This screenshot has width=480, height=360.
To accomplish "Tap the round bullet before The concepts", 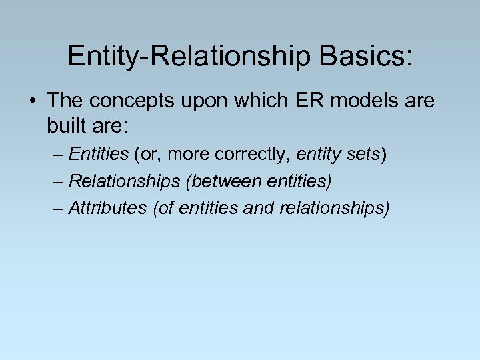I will coord(32,101).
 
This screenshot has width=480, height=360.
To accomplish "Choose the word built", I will coord(67,125).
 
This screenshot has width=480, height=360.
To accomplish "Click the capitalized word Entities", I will coord(98,155).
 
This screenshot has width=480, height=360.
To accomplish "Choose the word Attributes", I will coord(107,207).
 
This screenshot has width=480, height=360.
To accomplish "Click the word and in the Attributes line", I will coord(263,207).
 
